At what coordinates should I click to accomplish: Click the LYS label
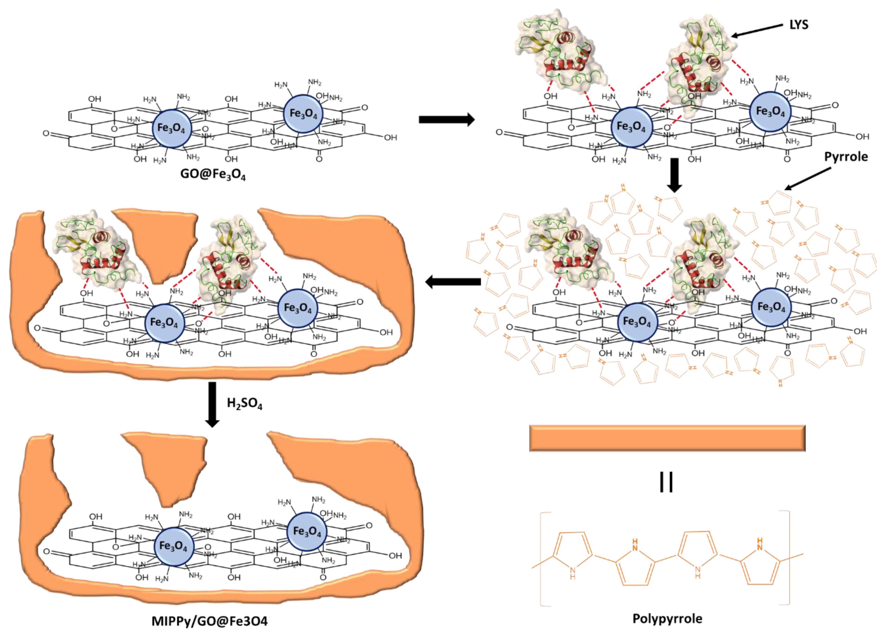pyautogui.click(x=799, y=25)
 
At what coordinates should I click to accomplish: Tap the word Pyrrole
pyautogui.click(x=846, y=156)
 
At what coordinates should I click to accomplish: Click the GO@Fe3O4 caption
pyautogui.click(x=213, y=175)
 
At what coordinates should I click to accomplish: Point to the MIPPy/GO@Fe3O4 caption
pyautogui.click(x=209, y=621)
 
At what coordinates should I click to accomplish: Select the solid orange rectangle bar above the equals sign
pyautogui.click(x=667, y=438)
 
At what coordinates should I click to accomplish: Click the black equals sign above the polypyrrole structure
pyautogui.click(x=666, y=482)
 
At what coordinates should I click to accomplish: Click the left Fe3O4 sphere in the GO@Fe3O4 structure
pyautogui.click(x=171, y=128)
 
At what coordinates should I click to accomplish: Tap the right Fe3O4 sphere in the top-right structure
pyautogui.click(x=770, y=112)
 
